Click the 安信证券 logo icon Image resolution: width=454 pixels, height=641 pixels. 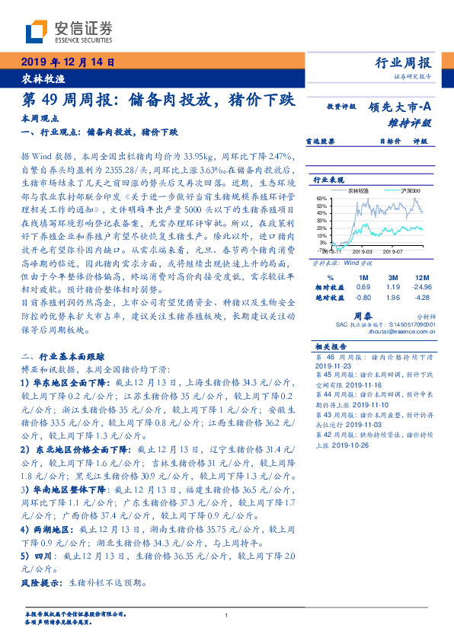point(38,30)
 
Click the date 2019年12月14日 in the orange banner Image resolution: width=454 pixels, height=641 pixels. point(66,62)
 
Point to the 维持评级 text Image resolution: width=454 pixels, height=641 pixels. point(411,122)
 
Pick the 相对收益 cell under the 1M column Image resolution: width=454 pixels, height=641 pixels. point(363,286)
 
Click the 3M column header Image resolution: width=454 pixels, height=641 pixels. point(392,277)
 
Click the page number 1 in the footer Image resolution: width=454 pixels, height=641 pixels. point(227,615)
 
